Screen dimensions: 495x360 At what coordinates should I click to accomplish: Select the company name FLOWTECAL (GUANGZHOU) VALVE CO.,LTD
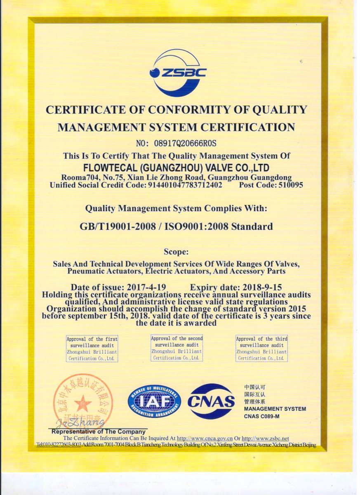[x=176, y=168]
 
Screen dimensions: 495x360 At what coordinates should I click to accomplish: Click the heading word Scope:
[x=176, y=251]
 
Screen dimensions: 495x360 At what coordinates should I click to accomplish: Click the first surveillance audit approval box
[x=92, y=349]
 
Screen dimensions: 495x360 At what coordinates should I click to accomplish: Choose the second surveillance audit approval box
[x=176, y=348]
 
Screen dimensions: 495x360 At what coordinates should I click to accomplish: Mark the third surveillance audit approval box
[x=261, y=349]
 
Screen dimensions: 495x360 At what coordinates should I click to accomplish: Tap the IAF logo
[x=154, y=401]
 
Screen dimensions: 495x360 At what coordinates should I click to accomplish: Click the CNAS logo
[x=211, y=401]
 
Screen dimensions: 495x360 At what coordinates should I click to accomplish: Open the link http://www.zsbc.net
[x=265, y=438]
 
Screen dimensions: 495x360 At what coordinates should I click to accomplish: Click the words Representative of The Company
[x=99, y=431]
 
